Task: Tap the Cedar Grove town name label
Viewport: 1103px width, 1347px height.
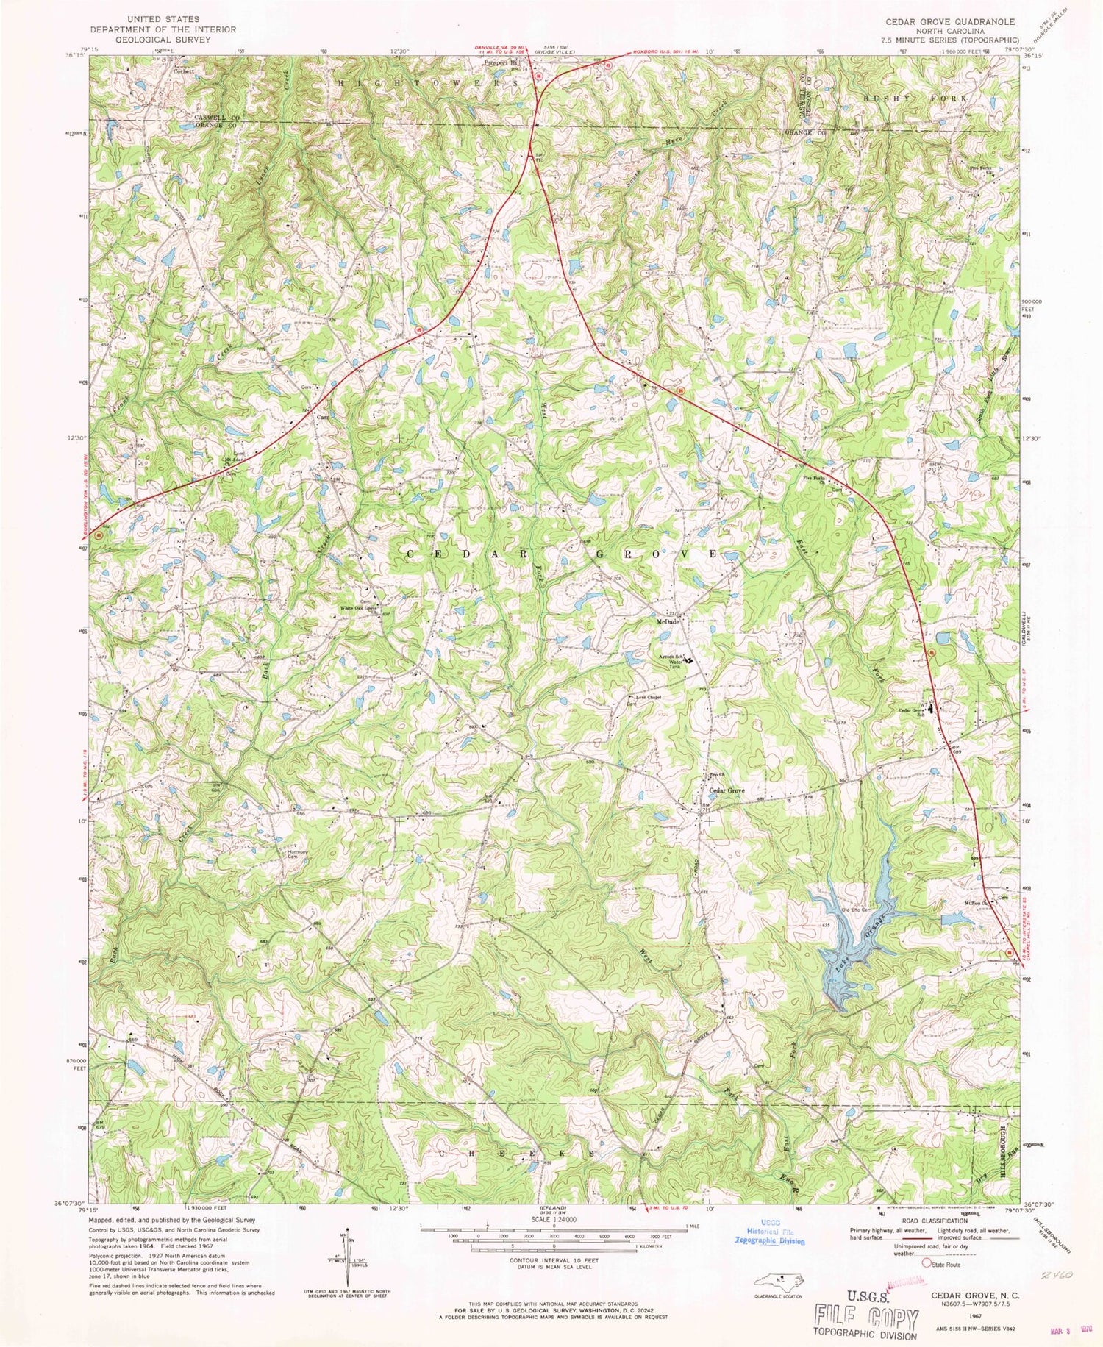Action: pos(727,790)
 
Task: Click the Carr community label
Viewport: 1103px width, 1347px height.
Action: pos(322,417)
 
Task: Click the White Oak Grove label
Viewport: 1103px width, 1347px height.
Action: pos(358,608)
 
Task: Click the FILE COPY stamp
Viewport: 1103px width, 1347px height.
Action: pos(866,1315)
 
